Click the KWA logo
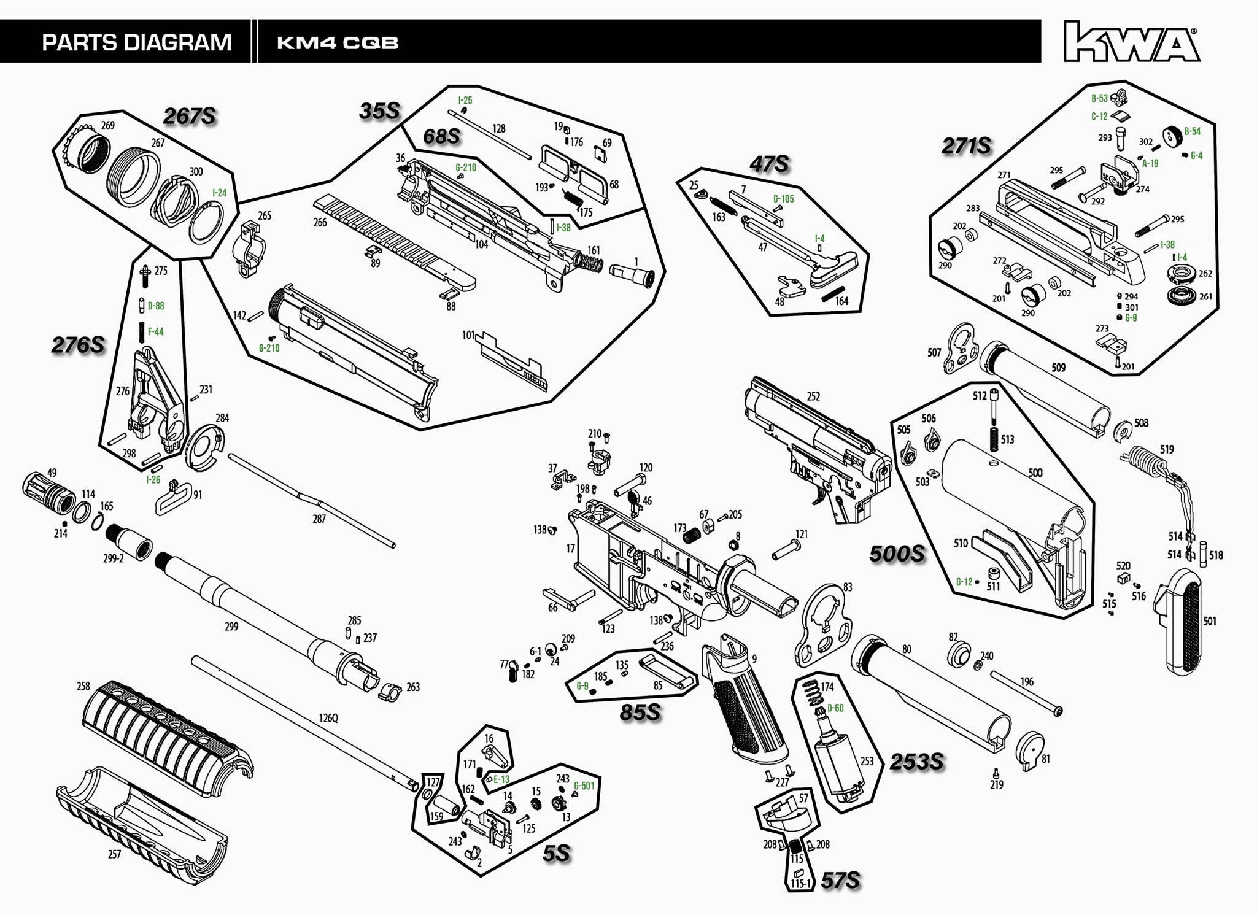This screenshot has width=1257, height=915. click(x=1131, y=42)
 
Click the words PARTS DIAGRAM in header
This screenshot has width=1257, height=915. click(x=136, y=42)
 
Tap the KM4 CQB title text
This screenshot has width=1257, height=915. click(x=338, y=43)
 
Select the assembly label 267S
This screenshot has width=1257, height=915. click(x=190, y=116)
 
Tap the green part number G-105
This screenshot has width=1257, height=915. click(x=783, y=199)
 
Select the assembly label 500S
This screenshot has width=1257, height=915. click(x=897, y=554)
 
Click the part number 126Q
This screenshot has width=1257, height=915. click(x=328, y=718)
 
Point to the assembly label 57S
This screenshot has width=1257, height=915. click(x=840, y=881)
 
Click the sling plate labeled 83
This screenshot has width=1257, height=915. click(x=826, y=626)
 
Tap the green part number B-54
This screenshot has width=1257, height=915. click(x=1192, y=131)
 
